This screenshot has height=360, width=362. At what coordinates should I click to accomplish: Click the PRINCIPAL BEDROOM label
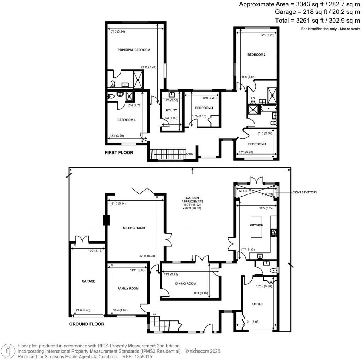click(134, 50)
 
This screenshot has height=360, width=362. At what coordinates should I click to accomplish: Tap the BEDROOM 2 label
click(257, 55)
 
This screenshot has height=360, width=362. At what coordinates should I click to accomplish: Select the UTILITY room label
click(171, 110)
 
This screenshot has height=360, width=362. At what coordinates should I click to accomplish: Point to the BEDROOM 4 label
click(204, 108)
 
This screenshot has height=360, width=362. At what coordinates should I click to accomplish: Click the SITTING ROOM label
click(134, 228)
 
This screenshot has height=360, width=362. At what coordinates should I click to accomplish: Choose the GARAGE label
click(88, 281)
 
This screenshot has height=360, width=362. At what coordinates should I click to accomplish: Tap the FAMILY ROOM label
click(128, 289)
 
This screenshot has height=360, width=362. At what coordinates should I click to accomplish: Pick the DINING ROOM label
click(186, 284)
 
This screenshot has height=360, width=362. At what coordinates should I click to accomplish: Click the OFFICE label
click(258, 304)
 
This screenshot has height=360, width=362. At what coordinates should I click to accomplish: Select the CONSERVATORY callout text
click(305, 192)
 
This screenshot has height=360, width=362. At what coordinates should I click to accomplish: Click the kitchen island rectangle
click(256, 227)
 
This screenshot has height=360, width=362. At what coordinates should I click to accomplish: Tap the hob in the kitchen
click(274, 233)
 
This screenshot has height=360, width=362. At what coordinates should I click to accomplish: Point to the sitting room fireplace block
click(106, 220)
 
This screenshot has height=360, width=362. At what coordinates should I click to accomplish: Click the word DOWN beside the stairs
click(190, 154)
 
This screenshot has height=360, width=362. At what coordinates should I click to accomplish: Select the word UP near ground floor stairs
click(155, 314)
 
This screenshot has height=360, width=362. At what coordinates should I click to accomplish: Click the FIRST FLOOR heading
click(119, 153)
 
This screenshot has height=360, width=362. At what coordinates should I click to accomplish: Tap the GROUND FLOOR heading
click(87, 324)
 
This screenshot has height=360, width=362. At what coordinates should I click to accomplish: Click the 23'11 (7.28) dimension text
click(148, 68)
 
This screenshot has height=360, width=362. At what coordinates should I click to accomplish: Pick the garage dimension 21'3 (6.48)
click(83, 310)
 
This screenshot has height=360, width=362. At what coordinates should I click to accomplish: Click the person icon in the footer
click(8, 351)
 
